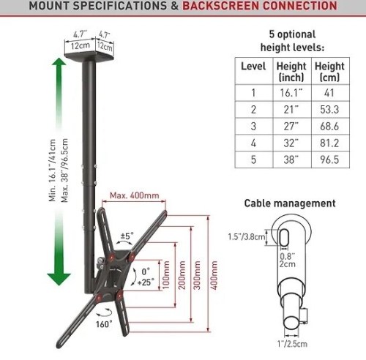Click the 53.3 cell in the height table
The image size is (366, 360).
tap(329, 110)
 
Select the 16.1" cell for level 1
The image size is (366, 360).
tap(291, 93)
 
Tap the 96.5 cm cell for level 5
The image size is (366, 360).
tap(329, 160)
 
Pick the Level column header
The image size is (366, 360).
tap(253, 66)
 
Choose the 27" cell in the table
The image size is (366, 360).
tap(291, 127)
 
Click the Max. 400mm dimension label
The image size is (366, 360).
tap(135, 195)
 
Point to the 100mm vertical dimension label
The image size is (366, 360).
tap(166, 275)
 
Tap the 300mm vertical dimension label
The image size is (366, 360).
tap(197, 275)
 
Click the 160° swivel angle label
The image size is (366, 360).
tap(104, 324)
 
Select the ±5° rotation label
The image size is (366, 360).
tap(127, 236)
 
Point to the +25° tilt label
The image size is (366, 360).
tap(146, 282)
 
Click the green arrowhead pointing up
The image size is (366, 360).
tap(59, 62)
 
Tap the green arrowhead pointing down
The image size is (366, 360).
tap(59, 279)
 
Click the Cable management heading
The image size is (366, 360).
tap(290, 203)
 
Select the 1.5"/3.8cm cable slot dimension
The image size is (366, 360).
tap(247, 236)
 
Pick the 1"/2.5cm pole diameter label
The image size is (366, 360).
tap(292, 344)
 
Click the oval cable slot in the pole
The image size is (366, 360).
tap(284, 237)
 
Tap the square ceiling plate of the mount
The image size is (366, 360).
tap(89, 56)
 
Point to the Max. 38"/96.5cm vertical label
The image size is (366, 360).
tap(64, 170)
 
